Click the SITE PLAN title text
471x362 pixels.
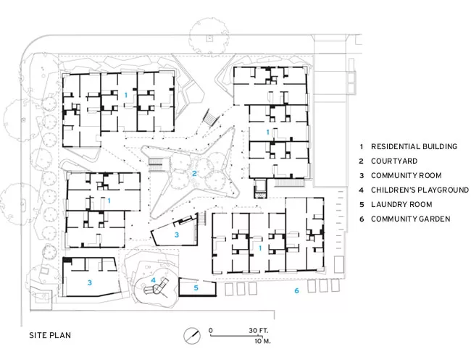click(x=50, y=335)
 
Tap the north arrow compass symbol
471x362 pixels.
click(x=192, y=336)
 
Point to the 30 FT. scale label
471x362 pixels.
click(x=259, y=330)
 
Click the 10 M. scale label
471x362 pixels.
click(x=262, y=341)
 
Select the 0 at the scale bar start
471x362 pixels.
click(x=211, y=330)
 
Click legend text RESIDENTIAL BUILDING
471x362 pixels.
click(x=414, y=146)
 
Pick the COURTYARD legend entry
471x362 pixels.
click(x=394, y=161)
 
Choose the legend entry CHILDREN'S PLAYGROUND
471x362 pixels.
click(x=420, y=190)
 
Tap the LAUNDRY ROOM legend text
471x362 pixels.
click(x=401, y=204)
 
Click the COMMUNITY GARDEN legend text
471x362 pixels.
click(x=411, y=219)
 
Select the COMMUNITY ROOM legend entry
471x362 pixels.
click(x=406, y=176)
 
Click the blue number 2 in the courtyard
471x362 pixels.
click(x=194, y=173)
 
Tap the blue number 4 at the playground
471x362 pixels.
click(x=153, y=280)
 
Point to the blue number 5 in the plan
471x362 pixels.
click(x=196, y=288)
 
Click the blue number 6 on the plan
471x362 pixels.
click(x=296, y=290)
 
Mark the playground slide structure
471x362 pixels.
click(x=157, y=287)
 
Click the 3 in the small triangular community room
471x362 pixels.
click(x=177, y=235)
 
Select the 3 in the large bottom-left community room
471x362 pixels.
click(x=90, y=282)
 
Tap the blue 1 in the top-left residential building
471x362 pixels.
click(x=126, y=95)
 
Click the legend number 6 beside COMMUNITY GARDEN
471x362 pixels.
click(x=362, y=219)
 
